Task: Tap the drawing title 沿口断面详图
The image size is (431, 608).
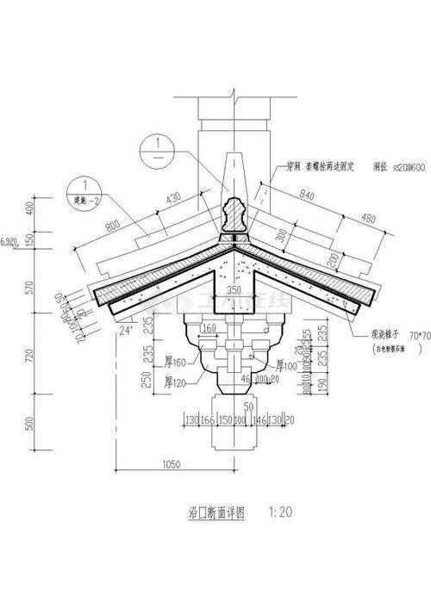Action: point(215,512)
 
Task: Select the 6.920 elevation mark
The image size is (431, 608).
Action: point(10,244)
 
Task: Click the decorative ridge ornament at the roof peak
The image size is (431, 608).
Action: point(232,214)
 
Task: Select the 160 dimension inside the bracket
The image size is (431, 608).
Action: point(208,327)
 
